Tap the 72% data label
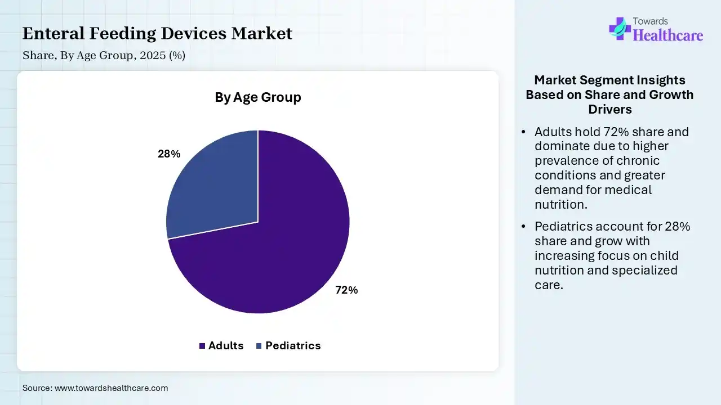(x=346, y=290)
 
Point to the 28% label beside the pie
(x=169, y=154)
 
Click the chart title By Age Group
(x=258, y=97)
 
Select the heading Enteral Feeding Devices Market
(x=157, y=34)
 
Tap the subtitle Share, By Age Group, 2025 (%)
(x=104, y=55)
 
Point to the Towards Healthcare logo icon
(x=619, y=28)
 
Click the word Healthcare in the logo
(x=668, y=35)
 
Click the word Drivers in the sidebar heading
(x=610, y=109)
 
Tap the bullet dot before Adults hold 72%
(x=524, y=132)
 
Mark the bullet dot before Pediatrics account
(x=524, y=227)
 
